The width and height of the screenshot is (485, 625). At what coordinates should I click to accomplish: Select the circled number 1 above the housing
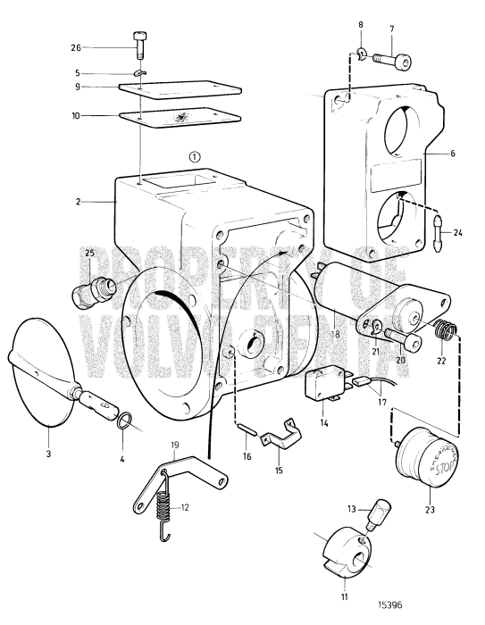coord(195,155)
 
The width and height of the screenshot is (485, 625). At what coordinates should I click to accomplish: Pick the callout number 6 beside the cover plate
coord(451,154)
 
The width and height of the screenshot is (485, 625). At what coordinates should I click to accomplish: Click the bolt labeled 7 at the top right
coord(394,62)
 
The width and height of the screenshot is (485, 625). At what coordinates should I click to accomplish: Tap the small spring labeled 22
coord(444,340)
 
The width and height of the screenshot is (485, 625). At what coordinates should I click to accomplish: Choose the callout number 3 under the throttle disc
coord(48,454)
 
